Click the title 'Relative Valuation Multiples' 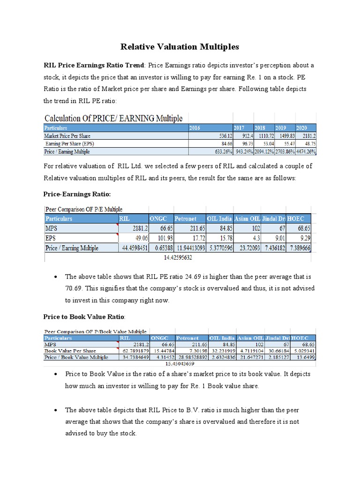click(180, 47)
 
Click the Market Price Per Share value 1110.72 click(263, 136)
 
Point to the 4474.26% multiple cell click(306, 151)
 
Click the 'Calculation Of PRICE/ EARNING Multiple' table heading click(113, 118)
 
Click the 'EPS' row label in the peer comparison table click(51, 238)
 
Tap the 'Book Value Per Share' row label click(70, 350)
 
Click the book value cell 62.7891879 click(134, 350)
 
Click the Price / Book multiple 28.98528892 click(191, 357)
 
